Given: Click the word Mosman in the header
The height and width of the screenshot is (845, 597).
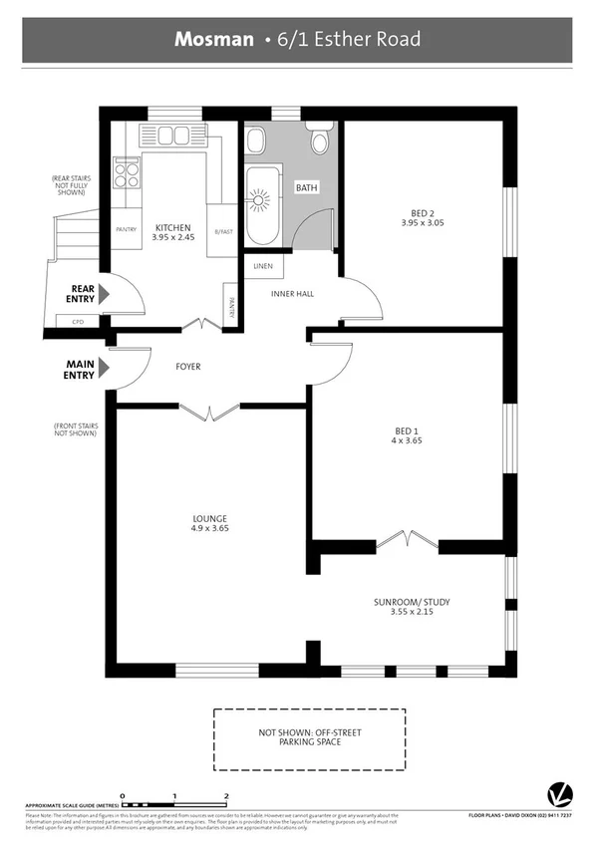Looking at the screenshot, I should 214,40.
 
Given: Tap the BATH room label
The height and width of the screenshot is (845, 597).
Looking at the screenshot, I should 306,187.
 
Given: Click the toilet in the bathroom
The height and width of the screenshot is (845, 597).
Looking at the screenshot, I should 320,141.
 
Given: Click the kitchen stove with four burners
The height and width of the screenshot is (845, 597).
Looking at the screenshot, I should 128,174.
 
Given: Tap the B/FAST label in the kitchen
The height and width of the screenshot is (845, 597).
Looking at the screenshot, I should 223,232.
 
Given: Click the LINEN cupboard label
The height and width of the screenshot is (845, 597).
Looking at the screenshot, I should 263,266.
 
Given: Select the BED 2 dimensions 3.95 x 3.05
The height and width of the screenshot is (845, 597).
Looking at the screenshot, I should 424,223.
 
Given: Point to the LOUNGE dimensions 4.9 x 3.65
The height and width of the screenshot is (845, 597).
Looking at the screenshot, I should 210,529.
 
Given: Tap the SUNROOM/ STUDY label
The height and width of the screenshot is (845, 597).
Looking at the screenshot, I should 411,603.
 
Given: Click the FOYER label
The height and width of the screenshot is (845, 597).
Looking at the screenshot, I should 188,367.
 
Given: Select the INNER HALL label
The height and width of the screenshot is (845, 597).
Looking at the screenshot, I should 294,294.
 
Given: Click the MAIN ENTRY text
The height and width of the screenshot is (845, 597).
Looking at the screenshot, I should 80,370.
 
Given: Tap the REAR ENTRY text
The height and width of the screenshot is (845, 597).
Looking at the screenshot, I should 81,294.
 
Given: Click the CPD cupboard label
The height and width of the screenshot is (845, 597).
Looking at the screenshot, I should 77,322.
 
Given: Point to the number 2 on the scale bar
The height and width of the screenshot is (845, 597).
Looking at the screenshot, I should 227,795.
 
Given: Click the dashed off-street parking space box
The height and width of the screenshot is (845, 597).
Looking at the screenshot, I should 310,738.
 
